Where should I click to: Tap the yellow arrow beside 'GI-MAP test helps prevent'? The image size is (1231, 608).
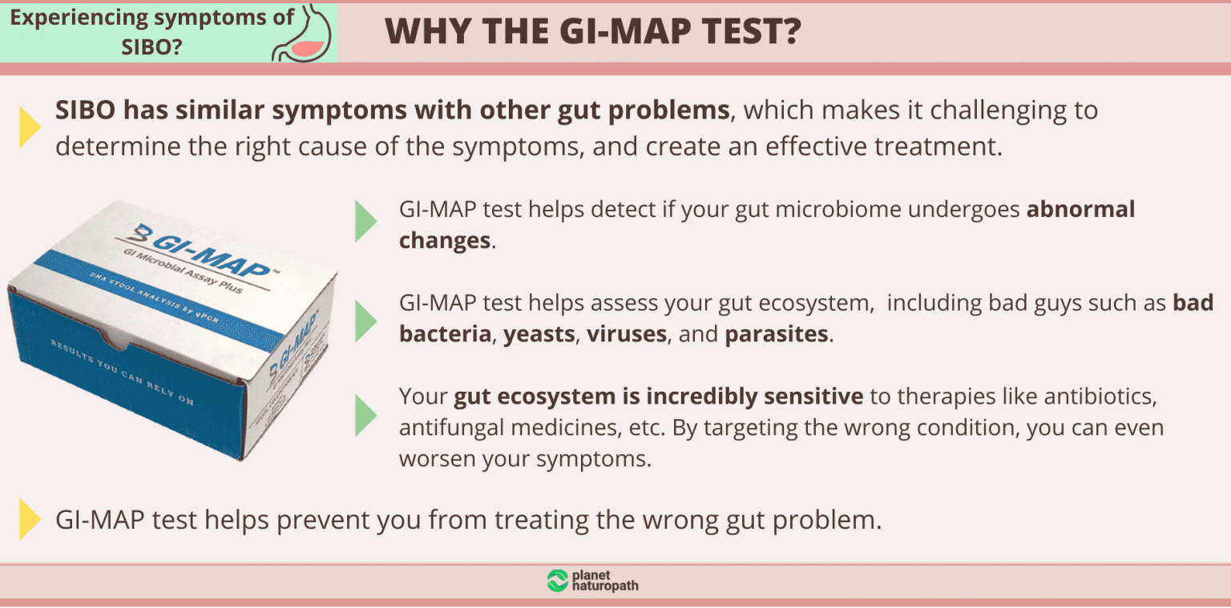point(30,519)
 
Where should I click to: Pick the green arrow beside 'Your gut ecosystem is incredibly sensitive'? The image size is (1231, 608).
point(365,414)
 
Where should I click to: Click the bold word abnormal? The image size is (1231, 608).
point(1081,210)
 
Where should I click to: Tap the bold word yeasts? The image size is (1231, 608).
point(540,334)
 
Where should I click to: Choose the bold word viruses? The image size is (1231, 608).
point(627,334)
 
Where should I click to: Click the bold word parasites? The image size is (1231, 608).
point(777,334)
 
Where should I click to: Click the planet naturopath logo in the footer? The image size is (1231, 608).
point(592,582)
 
